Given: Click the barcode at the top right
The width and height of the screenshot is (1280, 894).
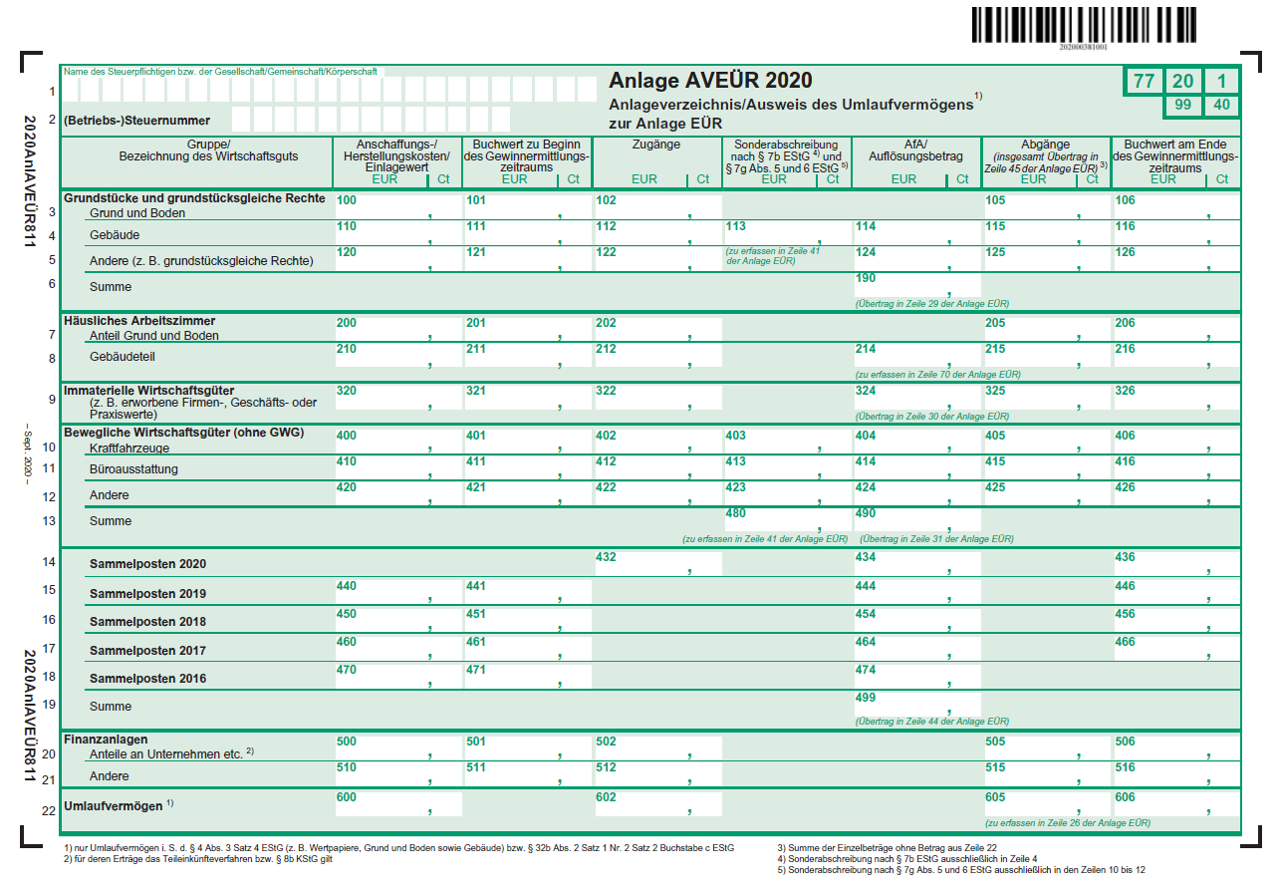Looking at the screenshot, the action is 1084,25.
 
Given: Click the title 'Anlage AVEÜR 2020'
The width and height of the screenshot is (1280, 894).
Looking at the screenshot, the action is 710,81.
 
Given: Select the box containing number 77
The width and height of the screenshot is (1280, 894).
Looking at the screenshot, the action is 1144,81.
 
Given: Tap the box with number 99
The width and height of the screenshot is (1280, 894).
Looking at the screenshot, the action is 1182,106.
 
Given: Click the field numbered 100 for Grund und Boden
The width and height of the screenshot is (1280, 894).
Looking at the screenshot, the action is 398,207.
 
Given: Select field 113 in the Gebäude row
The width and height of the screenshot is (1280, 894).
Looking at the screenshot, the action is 787,232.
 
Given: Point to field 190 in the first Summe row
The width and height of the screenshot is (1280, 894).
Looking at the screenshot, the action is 917,285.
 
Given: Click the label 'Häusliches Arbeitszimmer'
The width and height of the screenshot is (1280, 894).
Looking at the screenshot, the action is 139,321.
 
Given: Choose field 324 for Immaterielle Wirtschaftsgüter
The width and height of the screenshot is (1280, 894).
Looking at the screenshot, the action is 917,398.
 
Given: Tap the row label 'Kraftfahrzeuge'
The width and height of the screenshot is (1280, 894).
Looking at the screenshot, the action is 129,448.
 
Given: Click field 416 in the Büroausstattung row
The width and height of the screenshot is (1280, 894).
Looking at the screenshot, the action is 1177,468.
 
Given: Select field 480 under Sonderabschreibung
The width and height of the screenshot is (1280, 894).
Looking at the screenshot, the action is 787,520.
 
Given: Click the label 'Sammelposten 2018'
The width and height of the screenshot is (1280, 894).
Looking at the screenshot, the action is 147,622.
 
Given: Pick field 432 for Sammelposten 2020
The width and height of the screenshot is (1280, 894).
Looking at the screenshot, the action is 657,564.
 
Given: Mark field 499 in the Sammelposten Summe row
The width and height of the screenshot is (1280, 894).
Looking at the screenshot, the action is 917,705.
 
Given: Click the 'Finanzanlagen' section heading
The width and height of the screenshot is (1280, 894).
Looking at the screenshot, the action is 106,740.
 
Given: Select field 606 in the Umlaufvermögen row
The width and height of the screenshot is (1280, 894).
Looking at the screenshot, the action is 1177,803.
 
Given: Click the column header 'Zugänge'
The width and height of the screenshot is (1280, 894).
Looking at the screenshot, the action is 656,145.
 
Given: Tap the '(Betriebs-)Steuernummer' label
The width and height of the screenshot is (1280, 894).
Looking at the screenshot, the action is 136,121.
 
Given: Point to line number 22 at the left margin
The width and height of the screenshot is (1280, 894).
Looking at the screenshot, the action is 49,811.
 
